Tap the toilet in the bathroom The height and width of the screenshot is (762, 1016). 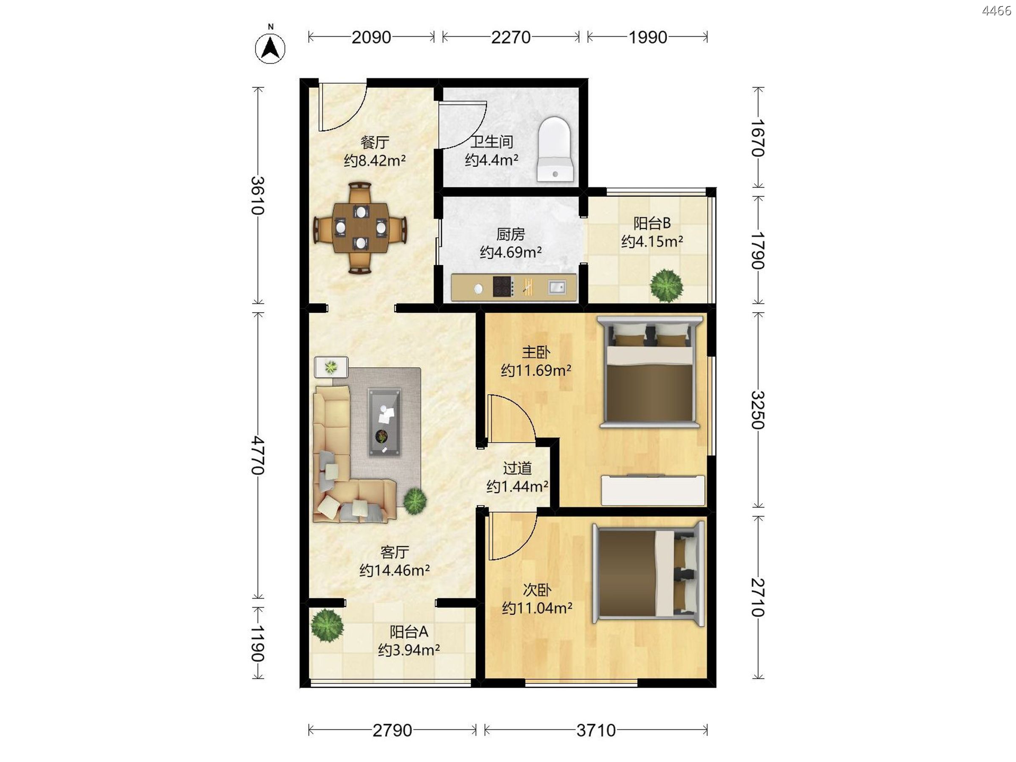[x=555, y=149]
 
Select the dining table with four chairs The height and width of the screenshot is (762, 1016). [x=360, y=228]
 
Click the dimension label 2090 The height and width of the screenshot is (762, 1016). [x=371, y=37]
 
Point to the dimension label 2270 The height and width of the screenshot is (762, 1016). [x=511, y=37]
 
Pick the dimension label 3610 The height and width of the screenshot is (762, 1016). [x=257, y=195]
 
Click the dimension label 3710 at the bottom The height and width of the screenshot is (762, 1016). [x=596, y=730]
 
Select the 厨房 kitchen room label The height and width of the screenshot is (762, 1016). [x=511, y=233]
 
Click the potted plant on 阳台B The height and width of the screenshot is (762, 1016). [x=667, y=286]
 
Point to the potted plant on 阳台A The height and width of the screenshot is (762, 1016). [x=327, y=625]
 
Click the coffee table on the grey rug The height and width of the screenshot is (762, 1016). [x=384, y=422]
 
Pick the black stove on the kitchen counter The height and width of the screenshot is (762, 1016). [x=503, y=287]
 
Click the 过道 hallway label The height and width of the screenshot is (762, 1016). [x=517, y=468]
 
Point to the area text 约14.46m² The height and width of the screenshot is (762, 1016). [x=394, y=570]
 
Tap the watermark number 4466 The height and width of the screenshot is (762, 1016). [x=996, y=11]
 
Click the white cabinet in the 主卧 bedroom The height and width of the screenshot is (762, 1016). [x=653, y=490]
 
